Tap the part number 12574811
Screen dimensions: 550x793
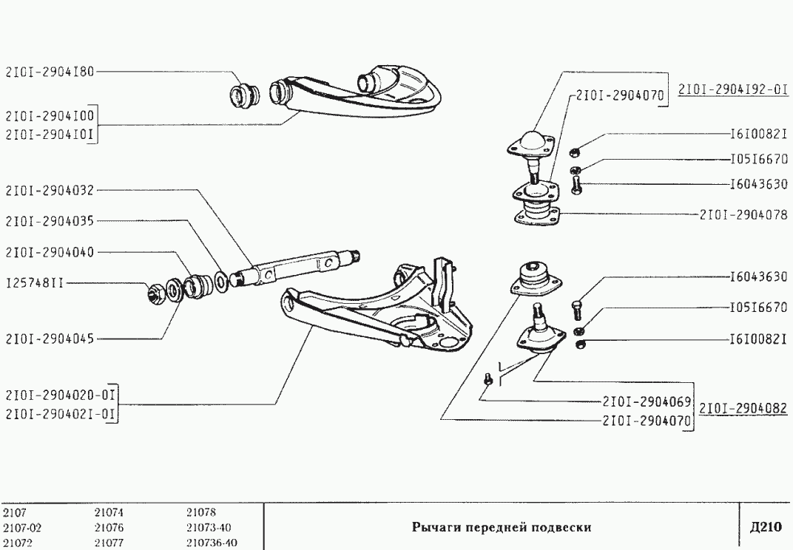[x=33, y=282]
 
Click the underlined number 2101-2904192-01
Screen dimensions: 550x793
[x=733, y=89]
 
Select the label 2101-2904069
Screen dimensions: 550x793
[x=647, y=402]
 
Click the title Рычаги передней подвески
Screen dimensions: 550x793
[x=501, y=527]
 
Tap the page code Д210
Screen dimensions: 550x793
[x=765, y=527]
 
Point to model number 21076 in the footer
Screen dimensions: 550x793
[x=109, y=528]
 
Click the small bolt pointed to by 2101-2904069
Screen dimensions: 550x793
[x=487, y=378]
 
